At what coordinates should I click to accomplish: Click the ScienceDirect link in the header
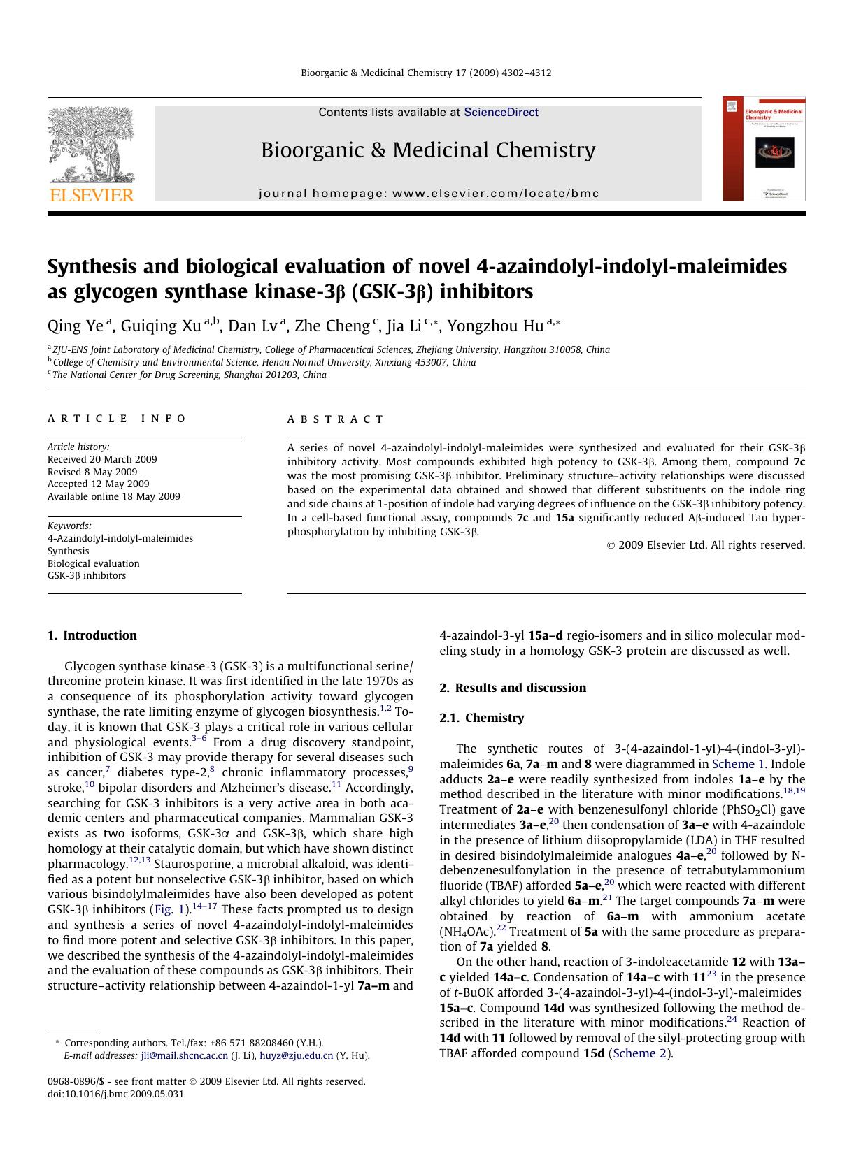click(x=501, y=112)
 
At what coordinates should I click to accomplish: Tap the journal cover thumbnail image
click(x=764, y=149)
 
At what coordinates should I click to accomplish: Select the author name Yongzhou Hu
click(x=495, y=326)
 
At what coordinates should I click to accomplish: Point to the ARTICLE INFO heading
click(x=117, y=419)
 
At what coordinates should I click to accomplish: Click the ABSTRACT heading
click(x=335, y=419)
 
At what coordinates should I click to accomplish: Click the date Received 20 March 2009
click(x=102, y=459)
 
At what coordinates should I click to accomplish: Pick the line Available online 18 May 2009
click(x=113, y=496)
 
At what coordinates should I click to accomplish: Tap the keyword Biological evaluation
click(x=93, y=563)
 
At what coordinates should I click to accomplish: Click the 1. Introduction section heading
click(x=92, y=635)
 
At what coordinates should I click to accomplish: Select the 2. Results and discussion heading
click(x=513, y=688)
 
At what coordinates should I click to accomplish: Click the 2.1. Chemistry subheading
click(x=481, y=718)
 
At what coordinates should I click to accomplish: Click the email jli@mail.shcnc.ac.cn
click(x=184, y=1055)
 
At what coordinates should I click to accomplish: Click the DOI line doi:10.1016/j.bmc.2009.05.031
click(x=115, y=1094)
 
